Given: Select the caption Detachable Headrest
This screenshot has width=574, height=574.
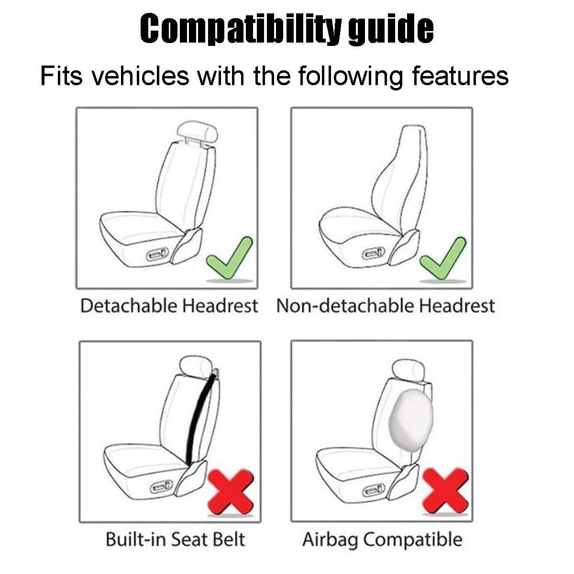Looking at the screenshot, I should pyautogui.click(x=169, y=306).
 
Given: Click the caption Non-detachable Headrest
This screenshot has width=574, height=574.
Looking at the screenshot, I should pyautogui.click(x=386, y=306).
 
